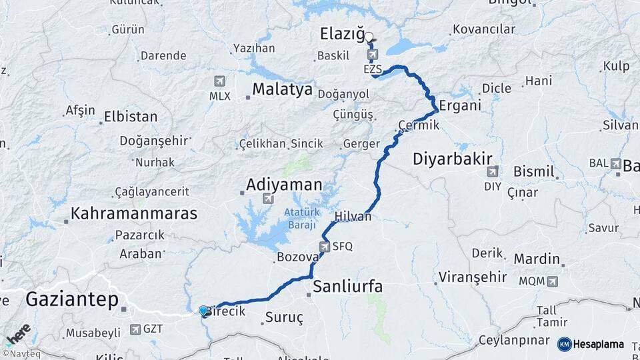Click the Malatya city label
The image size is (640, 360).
[283, 89]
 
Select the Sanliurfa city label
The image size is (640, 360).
[347, 287]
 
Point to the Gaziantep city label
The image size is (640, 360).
[71, 299]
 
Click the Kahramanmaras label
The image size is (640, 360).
[134, 214]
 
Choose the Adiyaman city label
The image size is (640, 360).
[283, 184]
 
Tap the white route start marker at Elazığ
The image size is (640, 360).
[369, 37]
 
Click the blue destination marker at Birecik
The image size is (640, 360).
[203, 311]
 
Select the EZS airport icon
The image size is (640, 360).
[371, 55]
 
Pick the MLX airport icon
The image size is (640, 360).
[219, 81]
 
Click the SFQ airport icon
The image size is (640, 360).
[324, 247]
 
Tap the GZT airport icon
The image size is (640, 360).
[136, 329]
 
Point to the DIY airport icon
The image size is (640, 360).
[493, 171]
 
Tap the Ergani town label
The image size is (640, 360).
[460, 107]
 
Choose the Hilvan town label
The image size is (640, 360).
[353, 217]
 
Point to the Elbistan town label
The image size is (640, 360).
[131, 117]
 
